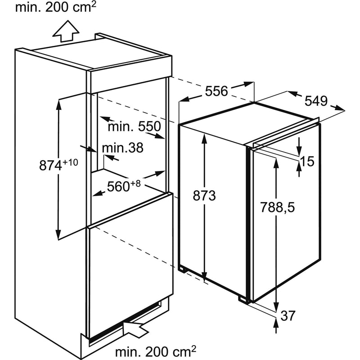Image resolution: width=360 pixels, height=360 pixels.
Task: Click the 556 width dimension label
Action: click(x=216, y=91)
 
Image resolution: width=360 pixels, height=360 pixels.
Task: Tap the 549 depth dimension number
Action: click(x=316, y=101)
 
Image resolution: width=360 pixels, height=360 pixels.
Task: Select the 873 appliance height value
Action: click(x=204, y=196)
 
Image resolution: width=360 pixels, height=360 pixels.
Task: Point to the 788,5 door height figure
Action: click(x=277, y=207)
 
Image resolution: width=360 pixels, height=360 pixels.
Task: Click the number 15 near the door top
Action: click(x=307, y=161)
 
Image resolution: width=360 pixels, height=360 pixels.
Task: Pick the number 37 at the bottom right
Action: click(x=288, y=316)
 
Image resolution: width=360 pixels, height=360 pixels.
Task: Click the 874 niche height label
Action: click(x=50, y=165)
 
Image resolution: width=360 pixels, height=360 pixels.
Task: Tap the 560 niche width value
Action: click(x=118, y=186)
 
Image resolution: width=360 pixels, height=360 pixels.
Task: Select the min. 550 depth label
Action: click(x=135, y=126)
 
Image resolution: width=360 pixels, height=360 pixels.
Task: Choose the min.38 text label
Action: click(x=122, y=148)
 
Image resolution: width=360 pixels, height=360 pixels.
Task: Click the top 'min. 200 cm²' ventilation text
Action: click(x=55, y=8)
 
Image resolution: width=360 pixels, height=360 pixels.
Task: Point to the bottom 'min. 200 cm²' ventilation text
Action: click(x=156, y=351)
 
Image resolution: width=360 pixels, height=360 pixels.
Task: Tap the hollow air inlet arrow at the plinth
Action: click(x=136, y=330)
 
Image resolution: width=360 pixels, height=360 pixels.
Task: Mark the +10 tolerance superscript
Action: click(x=70, y=162)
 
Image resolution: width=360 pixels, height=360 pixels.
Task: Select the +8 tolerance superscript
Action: click(x=135, y=184)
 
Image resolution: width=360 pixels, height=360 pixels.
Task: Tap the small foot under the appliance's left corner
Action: click(x=183, y=270)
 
